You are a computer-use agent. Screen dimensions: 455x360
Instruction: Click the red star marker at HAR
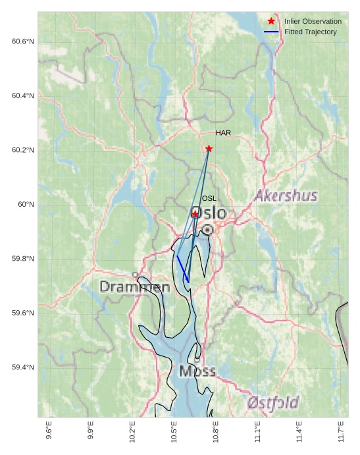[x=209, y=149]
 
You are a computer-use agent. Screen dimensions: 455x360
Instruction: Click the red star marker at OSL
[x=195, y=214]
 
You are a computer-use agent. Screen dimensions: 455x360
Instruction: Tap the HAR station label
[x=223, y=133]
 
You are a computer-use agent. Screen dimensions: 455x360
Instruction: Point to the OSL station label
[x=209, y=198]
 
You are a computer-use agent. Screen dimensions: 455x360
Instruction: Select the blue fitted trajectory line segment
[x=183, y=269]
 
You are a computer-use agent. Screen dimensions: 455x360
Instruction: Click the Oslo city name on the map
[x=208, y=213]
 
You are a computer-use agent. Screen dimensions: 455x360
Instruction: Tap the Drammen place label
[x=135, y=287]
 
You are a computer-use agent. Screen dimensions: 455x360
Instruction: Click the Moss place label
[x=197, y=371]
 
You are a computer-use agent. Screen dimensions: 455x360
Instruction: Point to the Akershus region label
[x=286, y=196]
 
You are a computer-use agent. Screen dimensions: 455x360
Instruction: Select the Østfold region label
[x=274, y=402]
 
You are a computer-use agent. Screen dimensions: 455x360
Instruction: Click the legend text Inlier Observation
[x=313, y=22]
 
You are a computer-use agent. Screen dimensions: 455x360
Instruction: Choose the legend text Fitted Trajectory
[x=311, y=32]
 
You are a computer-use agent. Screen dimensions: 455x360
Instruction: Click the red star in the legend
[x=271, y=21]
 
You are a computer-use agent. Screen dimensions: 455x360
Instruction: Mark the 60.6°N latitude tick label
[x=23, y=41]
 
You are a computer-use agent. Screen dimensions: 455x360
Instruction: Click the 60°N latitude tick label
[x=26, y=204]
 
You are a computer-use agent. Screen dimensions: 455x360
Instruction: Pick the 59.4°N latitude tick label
[x=23, y=367]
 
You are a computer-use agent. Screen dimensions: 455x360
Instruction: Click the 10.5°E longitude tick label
[x=174, y=431]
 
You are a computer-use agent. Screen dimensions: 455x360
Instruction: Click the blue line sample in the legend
[x=271, y=32]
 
